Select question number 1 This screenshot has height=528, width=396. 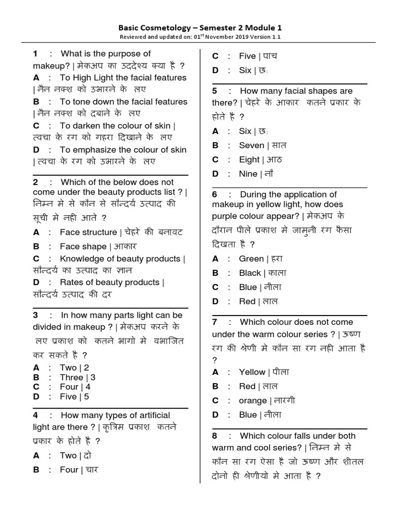click(36, 54)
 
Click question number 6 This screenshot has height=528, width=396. click(214, 194)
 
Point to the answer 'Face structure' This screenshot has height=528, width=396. click(88, 232)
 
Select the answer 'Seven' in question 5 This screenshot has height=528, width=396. click(252, 145)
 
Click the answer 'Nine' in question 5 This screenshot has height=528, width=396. click(248, 174)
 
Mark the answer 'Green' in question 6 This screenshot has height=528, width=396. click(251, 258)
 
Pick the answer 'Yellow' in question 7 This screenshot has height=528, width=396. click(252, 372)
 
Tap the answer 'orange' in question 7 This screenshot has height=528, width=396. click(253, 401)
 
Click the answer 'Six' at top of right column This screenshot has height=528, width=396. click(245, 70)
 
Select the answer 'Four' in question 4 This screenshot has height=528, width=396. click(69, 470)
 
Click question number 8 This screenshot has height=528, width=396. click(214, 436)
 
